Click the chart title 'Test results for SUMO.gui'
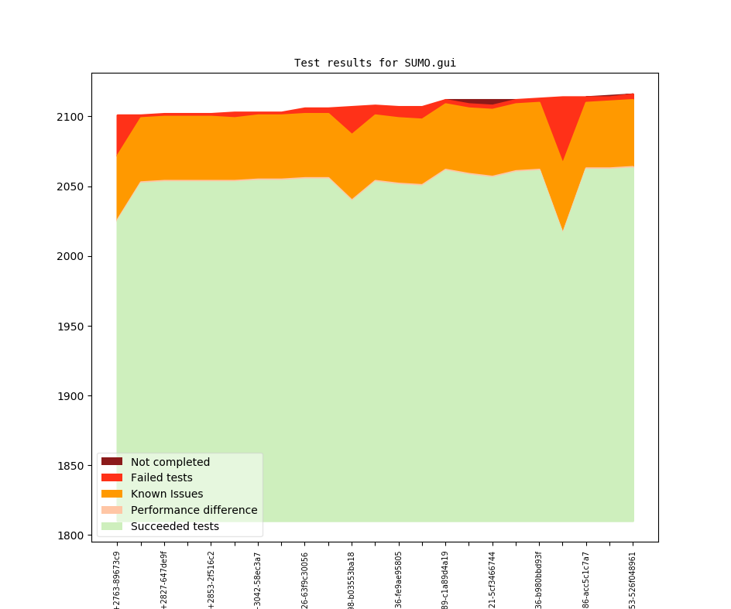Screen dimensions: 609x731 (x=375, y=63)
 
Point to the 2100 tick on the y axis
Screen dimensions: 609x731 (x=72, y=117)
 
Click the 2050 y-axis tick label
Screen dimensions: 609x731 (x=72, y=186)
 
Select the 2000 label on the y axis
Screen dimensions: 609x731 (x=72, y=256)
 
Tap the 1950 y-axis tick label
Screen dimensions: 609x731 (x=72, y=327)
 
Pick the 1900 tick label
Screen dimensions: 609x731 (x=72, y=396)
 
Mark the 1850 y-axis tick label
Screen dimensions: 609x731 (x=72, y=466)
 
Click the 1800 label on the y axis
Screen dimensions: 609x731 (x=72, y=535)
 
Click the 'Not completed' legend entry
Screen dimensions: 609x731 (x=170, y=462)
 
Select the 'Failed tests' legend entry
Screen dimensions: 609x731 (x=161, y=478)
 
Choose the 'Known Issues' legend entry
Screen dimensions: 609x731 (x=166, y=494)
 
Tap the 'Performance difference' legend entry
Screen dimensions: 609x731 (x=194, y=511)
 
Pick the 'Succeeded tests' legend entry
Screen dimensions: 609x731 (x=174, y=527)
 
